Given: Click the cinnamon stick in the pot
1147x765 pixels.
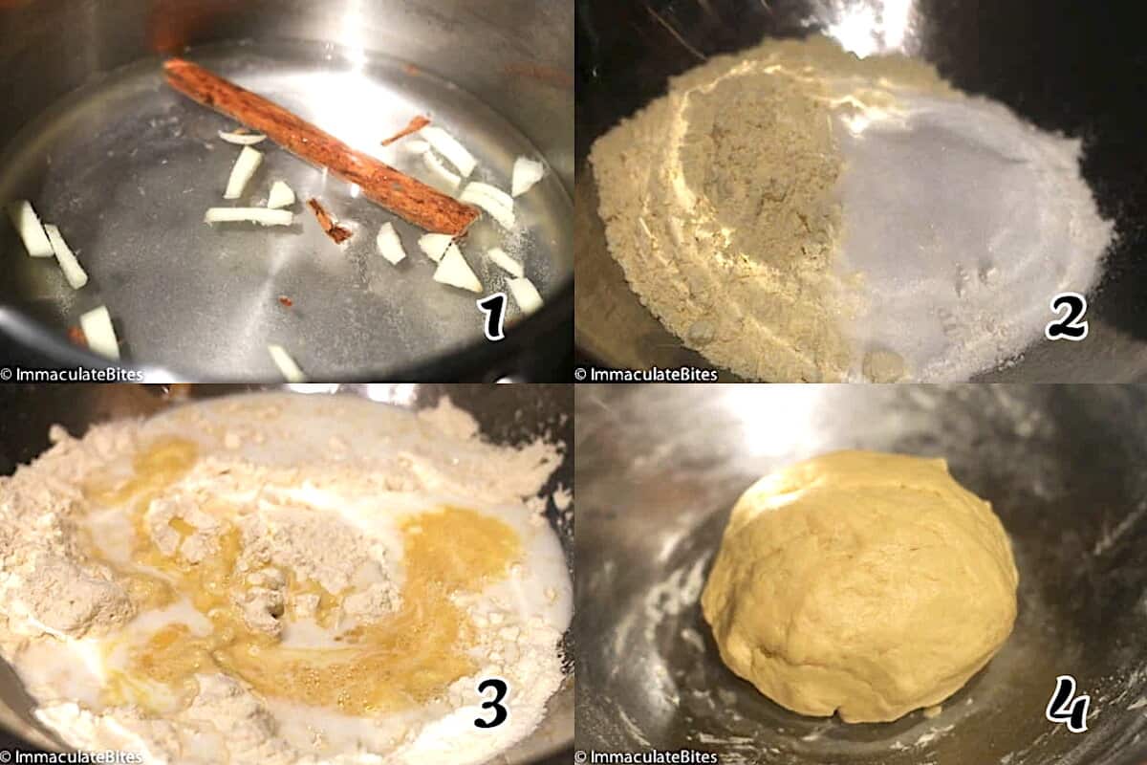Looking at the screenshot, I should (320, 148).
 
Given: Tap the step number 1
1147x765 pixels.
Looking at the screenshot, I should (493, 318).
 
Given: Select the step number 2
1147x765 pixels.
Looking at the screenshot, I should (1067, 318).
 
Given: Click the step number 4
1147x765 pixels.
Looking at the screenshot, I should (1067, 705).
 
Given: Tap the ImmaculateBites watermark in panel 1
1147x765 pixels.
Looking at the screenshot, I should (72, 374).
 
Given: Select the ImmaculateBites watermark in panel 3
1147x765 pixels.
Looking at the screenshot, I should (72, 757).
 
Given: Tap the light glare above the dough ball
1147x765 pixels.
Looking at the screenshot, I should (784, 421).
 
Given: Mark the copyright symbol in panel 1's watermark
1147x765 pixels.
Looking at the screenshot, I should (7, 374).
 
